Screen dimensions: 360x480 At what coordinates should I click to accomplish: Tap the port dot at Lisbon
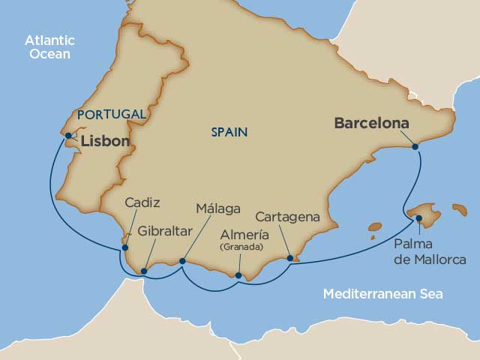(68, 136)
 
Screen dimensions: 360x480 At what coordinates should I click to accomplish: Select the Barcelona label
(372, 123)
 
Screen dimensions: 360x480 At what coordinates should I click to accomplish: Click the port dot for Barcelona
(416, 147)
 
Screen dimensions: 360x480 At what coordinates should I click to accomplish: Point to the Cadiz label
(142, 202)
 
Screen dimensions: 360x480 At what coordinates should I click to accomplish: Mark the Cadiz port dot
(125, 247)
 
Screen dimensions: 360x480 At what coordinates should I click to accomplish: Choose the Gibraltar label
(163, 232)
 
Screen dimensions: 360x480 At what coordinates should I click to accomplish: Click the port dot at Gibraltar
(144, 271)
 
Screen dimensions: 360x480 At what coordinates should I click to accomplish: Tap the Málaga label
(218, 208)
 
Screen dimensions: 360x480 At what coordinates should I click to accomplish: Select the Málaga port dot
(182, 261)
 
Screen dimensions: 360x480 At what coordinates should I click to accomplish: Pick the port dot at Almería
(238, 275)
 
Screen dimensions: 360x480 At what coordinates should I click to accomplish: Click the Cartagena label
(287, 217)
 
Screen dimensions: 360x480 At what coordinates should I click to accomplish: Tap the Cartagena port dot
(290, 258)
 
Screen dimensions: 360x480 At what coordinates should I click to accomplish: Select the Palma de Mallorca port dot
(418, 218)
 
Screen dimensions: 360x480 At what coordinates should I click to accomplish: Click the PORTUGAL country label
(111, 114)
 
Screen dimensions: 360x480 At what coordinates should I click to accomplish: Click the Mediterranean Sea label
(382, 294)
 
